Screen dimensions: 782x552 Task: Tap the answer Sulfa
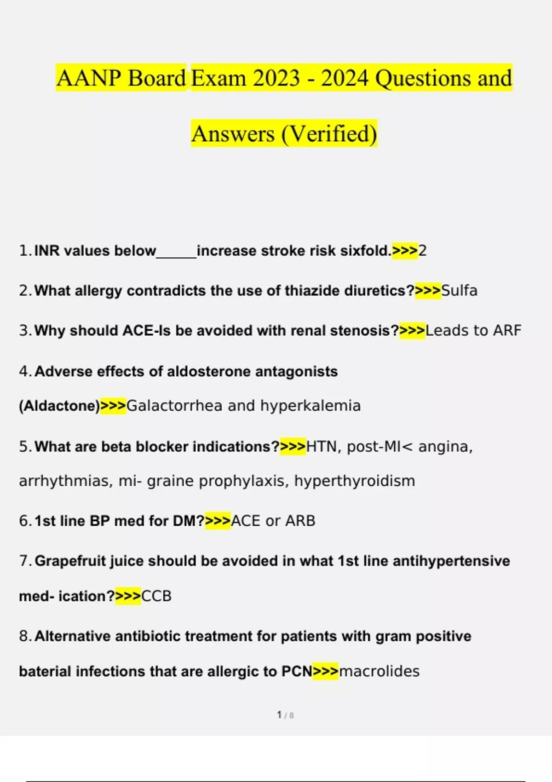(459, 291)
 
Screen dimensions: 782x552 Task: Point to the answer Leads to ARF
(473, 331)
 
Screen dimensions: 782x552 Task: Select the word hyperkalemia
(310, 406)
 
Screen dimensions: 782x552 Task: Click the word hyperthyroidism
(354, 481)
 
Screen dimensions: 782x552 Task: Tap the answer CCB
(156, 596)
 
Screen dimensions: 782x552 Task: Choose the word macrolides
(379, 672)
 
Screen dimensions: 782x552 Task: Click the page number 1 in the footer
(279, 715)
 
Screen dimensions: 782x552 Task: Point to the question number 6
(24, 521)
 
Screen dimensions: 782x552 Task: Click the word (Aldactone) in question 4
(59, 406)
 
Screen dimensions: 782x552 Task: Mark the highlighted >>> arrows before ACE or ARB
(218, 521)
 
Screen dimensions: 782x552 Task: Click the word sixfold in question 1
(365, 251)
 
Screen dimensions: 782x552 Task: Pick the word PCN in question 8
(297, 672)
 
